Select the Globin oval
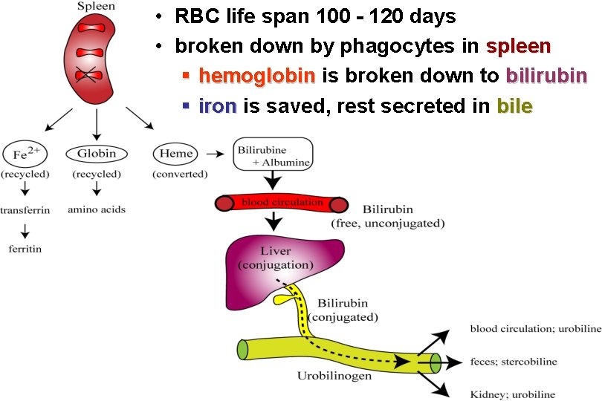pos(97,154)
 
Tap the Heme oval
pos(176,154)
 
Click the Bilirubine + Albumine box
pos(272,152)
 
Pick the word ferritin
pos(25,249)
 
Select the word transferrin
pos(25,210)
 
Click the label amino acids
pos(97,209)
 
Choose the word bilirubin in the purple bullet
pos(546,76)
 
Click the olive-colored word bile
pos(514,106)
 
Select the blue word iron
pos(218,106)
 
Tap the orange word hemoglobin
pos(257,76)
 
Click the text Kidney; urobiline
pos(512,394)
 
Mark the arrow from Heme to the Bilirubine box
pos(216,154)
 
